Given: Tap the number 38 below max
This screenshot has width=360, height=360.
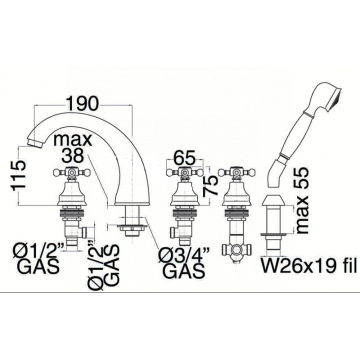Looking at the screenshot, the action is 72,155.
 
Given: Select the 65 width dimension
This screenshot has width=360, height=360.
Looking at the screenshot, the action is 184,157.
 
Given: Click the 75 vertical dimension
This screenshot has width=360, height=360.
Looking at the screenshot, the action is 210,185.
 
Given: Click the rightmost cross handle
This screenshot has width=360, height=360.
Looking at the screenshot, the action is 236,171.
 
